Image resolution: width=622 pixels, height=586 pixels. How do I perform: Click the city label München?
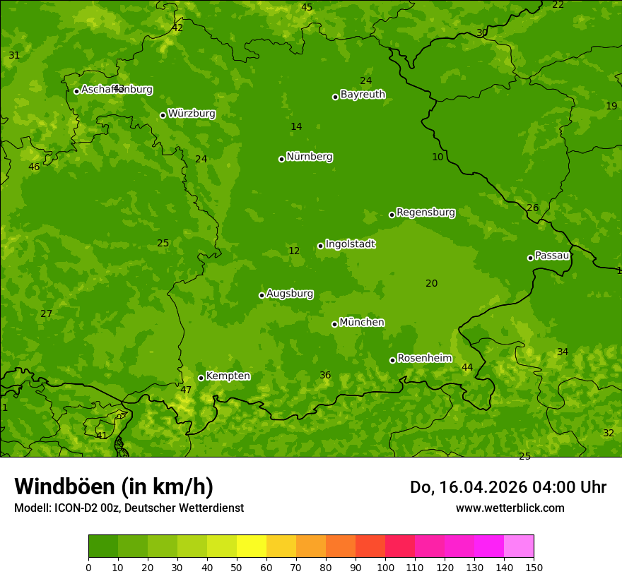[362, 323]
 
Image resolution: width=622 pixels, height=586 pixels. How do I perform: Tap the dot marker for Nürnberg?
[281, 159]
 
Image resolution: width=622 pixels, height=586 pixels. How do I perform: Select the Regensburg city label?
[426, 213]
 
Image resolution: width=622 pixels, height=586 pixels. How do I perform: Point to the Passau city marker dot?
[530, 258]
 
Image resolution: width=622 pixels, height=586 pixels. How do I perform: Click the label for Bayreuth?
[363, 95]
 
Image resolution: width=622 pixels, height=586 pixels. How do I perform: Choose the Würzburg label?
[192, 114]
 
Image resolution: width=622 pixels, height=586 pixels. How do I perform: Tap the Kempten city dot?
[201, 378]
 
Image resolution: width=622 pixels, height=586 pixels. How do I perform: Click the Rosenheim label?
[424, 359]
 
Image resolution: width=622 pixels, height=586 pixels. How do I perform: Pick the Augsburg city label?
[290, 294]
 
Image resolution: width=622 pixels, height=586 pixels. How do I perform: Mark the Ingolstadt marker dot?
[320, 246]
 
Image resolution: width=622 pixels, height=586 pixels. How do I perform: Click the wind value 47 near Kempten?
[186, 390]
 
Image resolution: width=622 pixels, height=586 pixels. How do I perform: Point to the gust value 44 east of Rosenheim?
[467, 368]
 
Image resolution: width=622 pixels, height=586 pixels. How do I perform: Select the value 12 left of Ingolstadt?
[294, 251]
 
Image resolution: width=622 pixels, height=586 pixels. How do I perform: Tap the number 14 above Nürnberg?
[296, 127]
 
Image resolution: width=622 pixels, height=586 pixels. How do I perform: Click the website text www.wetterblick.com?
[510, 508]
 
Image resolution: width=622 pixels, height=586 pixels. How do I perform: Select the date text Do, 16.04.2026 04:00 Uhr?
[507, 487]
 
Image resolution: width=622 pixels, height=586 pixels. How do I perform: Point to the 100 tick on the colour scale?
[385, 567]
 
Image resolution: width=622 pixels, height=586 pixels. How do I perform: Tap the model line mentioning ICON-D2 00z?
[129, 508]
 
